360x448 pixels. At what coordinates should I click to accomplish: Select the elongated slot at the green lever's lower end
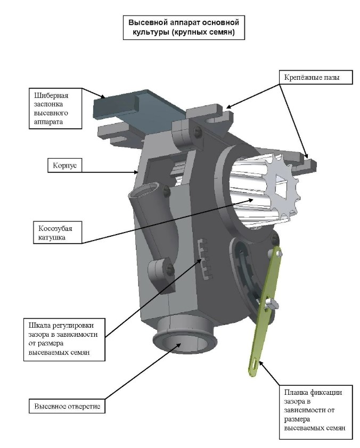click(x=256, y=366)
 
